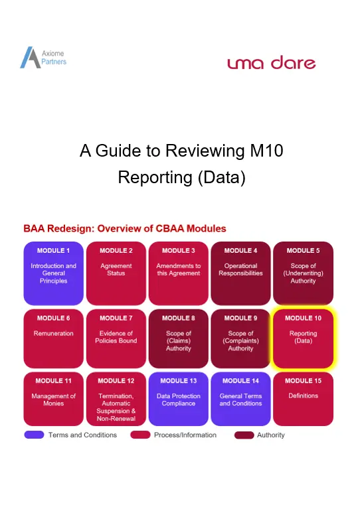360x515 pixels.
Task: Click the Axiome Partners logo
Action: click(x=43, y=58)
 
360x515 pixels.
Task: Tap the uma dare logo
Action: click(x=272, y=62)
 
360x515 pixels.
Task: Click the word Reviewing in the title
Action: click(x=205, y=151)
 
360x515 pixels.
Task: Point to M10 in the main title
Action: click(x=266, y=151)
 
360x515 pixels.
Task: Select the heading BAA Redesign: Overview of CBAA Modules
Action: click(x=125, y=228)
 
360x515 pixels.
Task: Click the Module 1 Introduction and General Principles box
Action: click(x=54, y=273)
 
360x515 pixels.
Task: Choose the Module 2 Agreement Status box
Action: click(x=116, y=273)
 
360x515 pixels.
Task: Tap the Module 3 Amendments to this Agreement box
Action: click(x=179, y=273)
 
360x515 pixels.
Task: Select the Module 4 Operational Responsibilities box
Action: click(x=240, y=273)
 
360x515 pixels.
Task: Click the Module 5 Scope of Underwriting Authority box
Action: click(x=303, y=273)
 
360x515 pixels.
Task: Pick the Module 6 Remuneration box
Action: click(x=54, y=338)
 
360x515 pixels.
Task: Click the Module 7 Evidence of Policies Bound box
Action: click(x=116, y=338)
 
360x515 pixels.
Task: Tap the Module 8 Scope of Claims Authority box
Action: click(x=179, y=338)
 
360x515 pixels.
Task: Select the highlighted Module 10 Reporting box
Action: click(x=303, y=338)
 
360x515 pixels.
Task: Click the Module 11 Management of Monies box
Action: click(x=54, y=399)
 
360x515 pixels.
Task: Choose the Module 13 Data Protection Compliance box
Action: click(x=179, y=399)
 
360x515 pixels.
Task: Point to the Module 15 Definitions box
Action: click(x=303, y=399)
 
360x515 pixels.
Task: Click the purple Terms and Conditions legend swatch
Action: click(x=34, y=435)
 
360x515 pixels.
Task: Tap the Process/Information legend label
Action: click(x=185, y=435)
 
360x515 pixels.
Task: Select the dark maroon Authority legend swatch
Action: click(x=244, y=435)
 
